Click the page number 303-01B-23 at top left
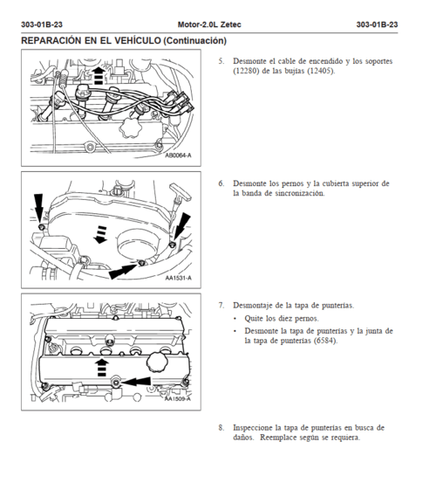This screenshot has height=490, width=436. point(42,24)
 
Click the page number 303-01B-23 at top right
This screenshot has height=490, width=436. point(377,24)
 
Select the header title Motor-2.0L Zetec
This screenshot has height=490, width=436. point(209,24)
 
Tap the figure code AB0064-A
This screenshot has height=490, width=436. point(178,155)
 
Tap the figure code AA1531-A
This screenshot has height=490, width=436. point(179,278)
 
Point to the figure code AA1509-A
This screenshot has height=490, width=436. point(178,399)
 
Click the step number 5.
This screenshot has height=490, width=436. point(221,61)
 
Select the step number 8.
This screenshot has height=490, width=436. point(221,427)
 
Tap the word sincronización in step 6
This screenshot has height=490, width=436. point(300,193)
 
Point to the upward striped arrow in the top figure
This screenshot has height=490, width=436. point(99,75)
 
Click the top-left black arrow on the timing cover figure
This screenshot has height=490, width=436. point(39,209)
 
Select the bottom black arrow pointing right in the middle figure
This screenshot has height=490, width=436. point(123,272)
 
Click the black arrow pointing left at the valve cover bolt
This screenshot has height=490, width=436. point(136,381)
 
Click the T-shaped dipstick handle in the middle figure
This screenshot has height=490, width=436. point(181,192)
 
